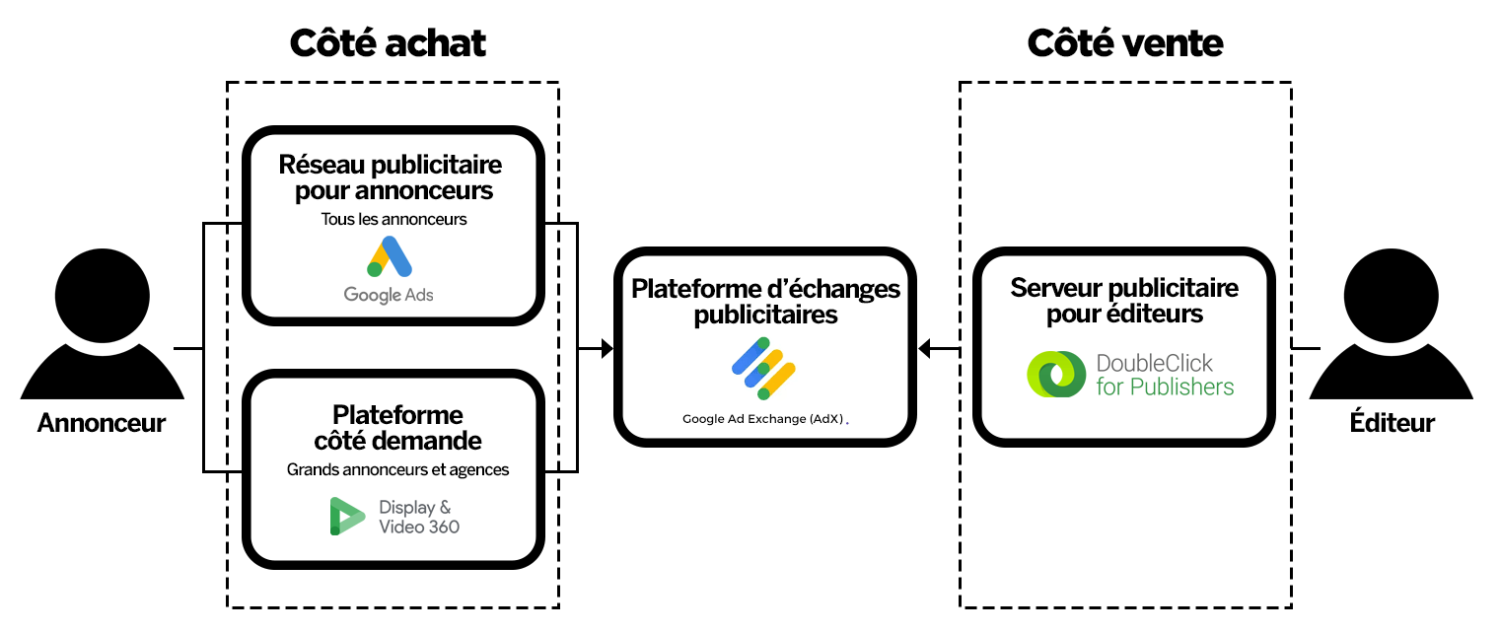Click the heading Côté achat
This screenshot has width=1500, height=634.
tap(388, 43)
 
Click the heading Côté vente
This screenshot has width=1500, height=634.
tap(1125, 43)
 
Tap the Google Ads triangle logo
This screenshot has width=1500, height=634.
tap(390, 256)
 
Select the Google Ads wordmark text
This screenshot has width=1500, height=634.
tap(389, 295)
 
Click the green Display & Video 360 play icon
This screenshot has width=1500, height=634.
tap(347, 516)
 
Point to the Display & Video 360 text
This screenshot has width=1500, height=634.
tap(419, 517)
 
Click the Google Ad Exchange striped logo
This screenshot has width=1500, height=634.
tap(763, 368)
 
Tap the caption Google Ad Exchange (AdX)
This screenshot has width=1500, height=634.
tap(762, 419)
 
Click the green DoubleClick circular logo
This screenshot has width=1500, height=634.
tap(1056, 375)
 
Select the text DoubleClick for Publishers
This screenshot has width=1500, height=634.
tap(1165, 375)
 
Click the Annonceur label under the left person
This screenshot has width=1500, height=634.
tap(102, 423)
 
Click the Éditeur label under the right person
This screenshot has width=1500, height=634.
tap(1392, 423)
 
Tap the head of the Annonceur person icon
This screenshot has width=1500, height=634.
tap(102, 295)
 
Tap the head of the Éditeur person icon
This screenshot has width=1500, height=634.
tap(1391, 295)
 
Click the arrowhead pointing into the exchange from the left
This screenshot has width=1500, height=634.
tap(607, 348)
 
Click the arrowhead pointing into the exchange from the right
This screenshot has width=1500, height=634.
tap(925, 348)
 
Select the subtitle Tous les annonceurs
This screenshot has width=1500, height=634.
tap(393, 220)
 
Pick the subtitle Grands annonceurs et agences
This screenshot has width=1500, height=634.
tap(397, 470)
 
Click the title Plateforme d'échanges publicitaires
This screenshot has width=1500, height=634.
tap(765, 302)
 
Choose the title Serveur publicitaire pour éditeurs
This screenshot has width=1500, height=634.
tap(1124, 301)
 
